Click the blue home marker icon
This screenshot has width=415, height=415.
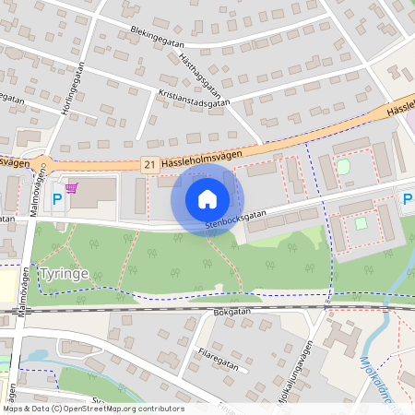pyautogui.click(x=207, y=198)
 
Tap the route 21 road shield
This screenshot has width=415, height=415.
pyautogui.click(x=149, y=163)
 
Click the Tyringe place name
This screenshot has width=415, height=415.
pyautogui.click(x=65, y=274)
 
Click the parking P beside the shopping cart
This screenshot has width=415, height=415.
pyautogui.click(x=57, y=198)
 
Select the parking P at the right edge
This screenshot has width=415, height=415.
pyautogui.click(x=408, y=198)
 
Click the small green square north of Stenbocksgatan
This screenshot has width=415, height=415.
pyautogui.click(x=344, y=166)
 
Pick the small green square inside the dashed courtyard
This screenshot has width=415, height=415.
pyautogui.click(x=361, y=222)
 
